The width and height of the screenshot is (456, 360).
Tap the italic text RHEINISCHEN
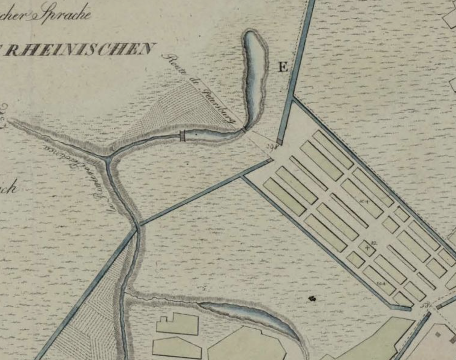tap(78, 49)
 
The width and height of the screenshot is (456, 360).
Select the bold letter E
tap(283, 68)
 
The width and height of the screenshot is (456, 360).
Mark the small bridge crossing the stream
tap(182, 136)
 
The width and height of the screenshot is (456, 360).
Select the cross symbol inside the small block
tap(367, 248)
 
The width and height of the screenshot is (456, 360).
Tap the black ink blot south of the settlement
tap(312, 298)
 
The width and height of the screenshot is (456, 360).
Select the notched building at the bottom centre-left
tap(177, 324)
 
